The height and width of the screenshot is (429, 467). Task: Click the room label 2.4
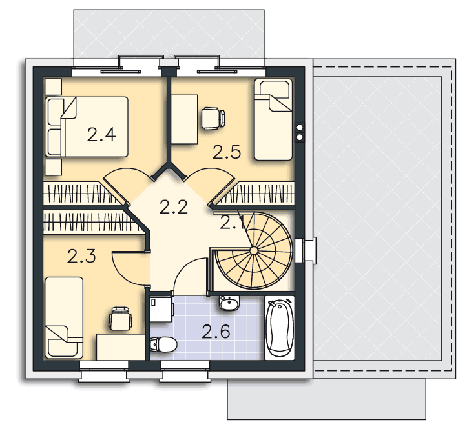101,134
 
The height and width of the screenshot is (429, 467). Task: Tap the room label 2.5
226,152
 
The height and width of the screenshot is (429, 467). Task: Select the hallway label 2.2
174,207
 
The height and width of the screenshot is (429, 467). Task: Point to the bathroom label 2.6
216,332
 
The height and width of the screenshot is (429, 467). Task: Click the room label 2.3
81,256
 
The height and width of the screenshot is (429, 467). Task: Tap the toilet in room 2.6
163,344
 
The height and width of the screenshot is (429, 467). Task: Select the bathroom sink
229,303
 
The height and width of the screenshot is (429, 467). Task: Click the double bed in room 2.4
87,126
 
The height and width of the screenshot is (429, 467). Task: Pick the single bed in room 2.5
273,119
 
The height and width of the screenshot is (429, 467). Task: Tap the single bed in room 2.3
64,317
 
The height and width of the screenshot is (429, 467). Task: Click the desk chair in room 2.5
213,119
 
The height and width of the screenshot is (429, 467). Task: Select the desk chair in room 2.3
121,318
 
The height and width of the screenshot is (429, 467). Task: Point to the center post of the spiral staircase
253,251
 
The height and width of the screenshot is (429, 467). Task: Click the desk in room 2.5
185,119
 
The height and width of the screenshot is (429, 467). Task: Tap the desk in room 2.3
121,347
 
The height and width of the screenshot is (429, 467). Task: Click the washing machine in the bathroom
161,310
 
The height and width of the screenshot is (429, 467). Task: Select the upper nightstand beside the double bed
54,87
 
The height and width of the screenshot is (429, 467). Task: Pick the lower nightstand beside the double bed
54,167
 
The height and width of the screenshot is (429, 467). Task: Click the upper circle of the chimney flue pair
300,128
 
